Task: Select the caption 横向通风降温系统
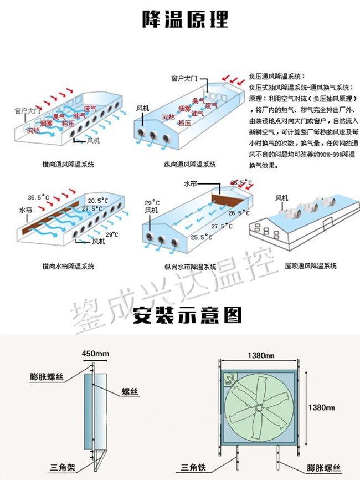(68, 165)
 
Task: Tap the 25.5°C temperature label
(202, 237)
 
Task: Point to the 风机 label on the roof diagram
(281, 198)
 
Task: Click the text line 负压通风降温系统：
(277, 77)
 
